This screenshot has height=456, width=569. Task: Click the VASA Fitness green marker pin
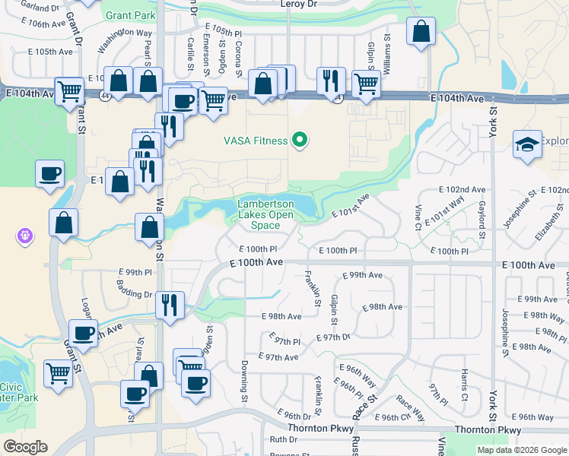300,140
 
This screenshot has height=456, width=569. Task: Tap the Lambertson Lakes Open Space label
265,214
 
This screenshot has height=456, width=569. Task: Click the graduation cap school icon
526,146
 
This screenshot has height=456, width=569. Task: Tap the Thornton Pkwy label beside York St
488,430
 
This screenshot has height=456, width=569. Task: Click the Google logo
25,446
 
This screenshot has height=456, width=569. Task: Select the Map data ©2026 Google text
522,450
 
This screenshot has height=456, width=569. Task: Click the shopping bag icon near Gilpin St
420,33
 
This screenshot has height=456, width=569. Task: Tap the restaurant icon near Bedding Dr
170,304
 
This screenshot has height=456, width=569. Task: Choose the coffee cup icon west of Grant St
49,173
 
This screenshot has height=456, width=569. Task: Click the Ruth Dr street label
283,439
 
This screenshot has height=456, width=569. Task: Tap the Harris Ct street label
464,386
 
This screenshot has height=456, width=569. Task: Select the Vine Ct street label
418,217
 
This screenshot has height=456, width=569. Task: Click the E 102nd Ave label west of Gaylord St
462,189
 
